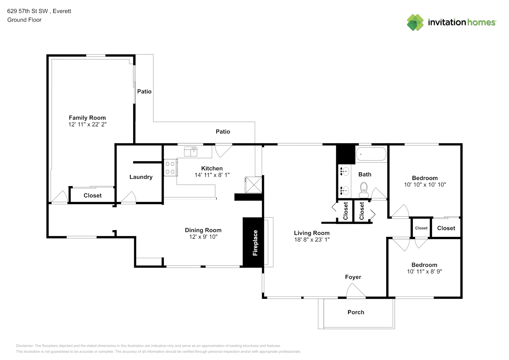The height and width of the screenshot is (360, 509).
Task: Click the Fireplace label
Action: pos(255,243)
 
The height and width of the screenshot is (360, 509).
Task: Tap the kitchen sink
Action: pos(190,152)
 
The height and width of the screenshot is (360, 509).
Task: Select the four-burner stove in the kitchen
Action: pos(171,167)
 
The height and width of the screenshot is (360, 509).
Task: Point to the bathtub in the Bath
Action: pos(371,154)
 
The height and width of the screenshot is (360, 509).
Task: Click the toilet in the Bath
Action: pos(364,190)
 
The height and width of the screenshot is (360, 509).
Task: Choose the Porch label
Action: pos(356,312)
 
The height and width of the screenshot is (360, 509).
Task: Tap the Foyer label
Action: pos(353,277)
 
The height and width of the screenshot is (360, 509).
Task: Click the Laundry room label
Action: pos(141,177)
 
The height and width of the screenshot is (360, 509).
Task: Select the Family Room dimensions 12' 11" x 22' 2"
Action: pos(87,124)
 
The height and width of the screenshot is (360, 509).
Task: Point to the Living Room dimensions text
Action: pos(312,239)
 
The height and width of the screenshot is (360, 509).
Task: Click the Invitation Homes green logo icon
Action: pos(415,22)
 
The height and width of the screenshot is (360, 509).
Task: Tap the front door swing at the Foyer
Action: pos(356,291)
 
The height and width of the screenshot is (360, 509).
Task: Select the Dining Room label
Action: pos(203,230)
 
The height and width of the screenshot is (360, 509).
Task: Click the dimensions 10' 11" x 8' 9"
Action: pos(424,271)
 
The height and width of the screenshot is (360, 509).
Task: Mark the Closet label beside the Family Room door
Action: pos(93,195)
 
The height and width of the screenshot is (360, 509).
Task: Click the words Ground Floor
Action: pos(24,20)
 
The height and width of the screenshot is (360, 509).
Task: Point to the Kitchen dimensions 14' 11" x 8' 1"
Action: pos(212,175)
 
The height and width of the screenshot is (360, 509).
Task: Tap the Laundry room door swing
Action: pos(129,197)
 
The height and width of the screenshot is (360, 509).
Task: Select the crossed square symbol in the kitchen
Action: pos(253,185)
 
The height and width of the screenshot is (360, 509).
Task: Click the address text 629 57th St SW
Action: pos(27,11)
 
